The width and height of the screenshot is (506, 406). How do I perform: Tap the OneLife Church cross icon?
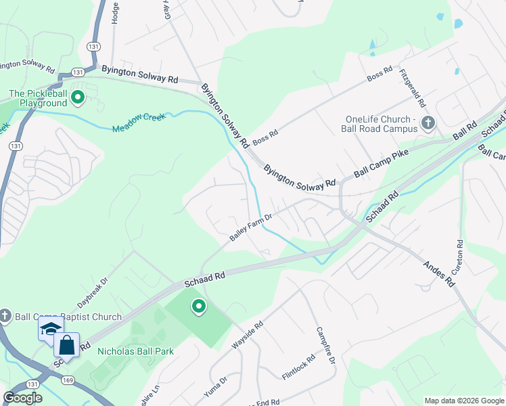(428, 123)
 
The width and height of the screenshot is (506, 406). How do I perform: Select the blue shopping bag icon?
(68, 346)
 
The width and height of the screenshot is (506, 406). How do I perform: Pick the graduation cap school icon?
(51, 330)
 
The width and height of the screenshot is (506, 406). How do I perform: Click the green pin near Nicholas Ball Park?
(199, 307)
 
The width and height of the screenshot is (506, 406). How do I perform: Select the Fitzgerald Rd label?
(412, 89)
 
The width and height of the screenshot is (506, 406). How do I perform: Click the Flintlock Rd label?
(298, 367)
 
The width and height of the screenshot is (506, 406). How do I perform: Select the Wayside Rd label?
(247, 335)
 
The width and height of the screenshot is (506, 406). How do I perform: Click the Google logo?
(22, 398)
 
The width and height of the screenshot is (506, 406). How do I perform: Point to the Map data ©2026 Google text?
(463, 401)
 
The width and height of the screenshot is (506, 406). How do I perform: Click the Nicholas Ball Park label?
(135, 351)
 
